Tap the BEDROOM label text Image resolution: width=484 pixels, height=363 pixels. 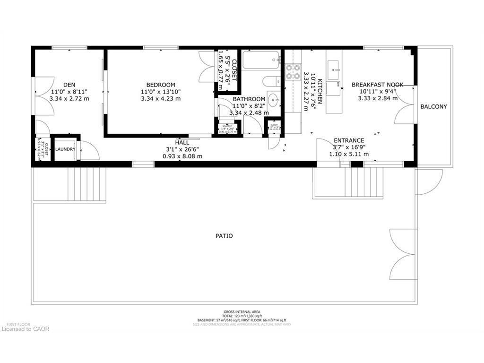(161, 85)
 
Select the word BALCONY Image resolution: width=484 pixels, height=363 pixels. (433, 107)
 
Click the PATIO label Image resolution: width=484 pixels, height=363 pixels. (225, 236)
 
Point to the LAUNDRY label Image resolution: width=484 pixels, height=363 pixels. (65, 149)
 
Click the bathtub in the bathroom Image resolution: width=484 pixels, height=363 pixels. (261, 61)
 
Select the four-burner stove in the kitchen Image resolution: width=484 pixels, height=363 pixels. (293, 71)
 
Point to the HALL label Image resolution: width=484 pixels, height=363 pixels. (182, 142)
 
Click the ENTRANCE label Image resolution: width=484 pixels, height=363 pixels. (349, 140)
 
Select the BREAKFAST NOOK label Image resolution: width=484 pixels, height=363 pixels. (377, 85)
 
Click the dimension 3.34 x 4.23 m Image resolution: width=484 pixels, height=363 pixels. (161, 99)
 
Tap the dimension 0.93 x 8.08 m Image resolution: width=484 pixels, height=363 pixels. (182, 156)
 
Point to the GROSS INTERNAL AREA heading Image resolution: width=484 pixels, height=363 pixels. (241, 312)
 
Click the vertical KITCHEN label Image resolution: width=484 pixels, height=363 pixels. (320, 91)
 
